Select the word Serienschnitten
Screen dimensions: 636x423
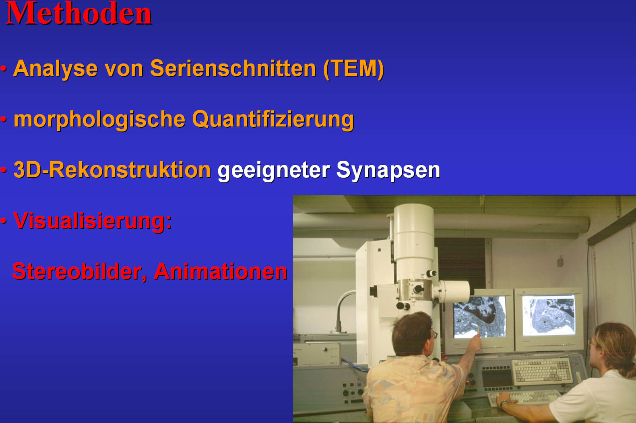(x=233, y=68)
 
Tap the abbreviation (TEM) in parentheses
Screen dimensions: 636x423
(x=353, y=69)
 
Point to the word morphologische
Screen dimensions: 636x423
(x=99, y=120)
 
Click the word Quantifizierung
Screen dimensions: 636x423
(x=273, y=120)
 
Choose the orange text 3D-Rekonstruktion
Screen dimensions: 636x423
(x=112, y=170)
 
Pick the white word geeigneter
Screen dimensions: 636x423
(x=273, y=170)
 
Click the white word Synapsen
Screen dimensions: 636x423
(x=388, y=170)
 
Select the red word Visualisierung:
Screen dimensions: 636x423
(x=93, y=221)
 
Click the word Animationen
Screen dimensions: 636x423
(x=220, y=271)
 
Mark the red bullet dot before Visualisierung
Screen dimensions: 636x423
(x=3, y=220)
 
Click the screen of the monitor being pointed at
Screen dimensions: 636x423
(x=479, y=317)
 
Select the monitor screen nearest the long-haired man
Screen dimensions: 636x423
(x=549, y=315)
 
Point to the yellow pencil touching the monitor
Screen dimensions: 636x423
(x=479, y=330)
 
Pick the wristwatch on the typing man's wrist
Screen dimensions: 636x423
(x=504, y=403)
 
